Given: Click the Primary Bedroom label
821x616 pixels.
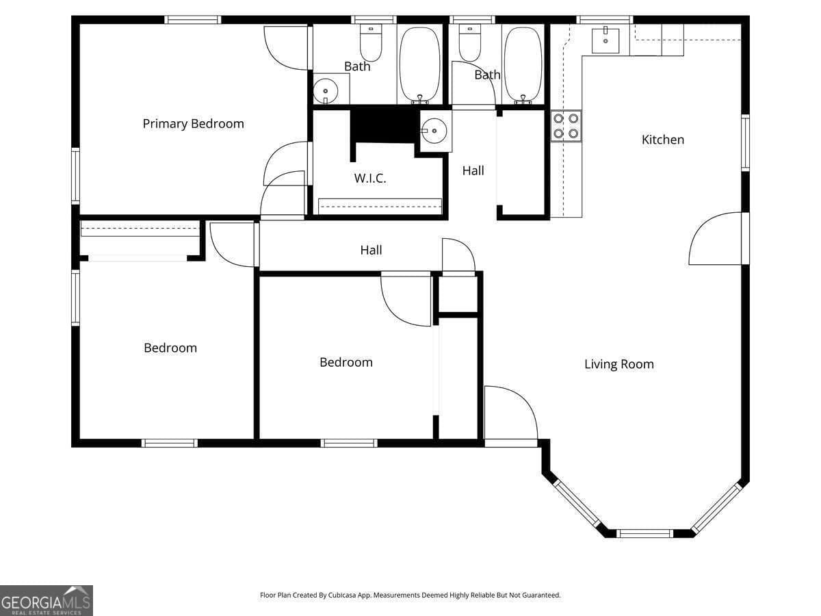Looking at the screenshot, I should (x=193, y=124).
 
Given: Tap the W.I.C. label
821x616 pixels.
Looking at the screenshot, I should (x=370, y=179).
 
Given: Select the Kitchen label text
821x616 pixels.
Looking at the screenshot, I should (x=662, y=140).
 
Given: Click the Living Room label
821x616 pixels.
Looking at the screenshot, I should (x=618, y=364).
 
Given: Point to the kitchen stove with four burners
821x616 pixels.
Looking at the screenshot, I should (x=566, y=126).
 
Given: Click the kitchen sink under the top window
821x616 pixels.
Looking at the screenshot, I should (x=605, y=40).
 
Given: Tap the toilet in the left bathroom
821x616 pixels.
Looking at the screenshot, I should (x=371, y=43).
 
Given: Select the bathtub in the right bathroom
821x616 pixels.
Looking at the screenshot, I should (x=523, y=65).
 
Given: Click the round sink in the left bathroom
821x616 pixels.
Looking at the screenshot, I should (x=326, y=90).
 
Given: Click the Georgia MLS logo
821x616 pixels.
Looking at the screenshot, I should (x=46, y=600).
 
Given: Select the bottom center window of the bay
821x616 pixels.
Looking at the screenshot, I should (x=644, y=533).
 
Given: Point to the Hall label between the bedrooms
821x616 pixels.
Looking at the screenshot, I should (x=371, y=251).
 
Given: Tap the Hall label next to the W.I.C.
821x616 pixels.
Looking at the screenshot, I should (x=473, y=171).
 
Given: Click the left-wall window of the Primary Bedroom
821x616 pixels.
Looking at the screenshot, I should (x=75, y=176).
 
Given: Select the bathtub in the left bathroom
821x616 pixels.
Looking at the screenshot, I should (x=420, y=65).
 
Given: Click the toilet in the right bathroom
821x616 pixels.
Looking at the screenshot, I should (x=470, y=43).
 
